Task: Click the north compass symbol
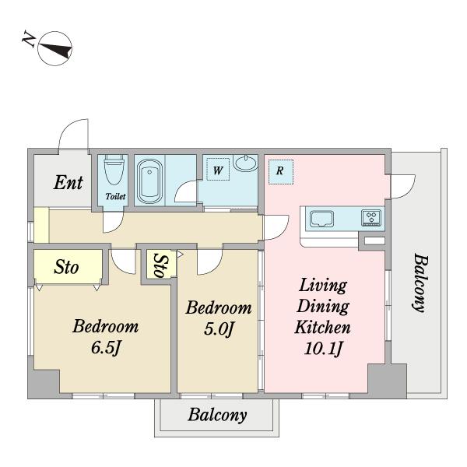click(55, 48)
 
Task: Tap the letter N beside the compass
click(29, 38)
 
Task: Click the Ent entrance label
click(68, 182)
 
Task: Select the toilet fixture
click(114, 170)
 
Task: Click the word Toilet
click(115, 197)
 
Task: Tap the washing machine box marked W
click(218, 169)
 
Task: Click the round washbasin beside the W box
click(245, 163)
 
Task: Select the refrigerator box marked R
click(280, 172)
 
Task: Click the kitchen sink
click(321, 219)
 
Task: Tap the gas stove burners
click(371, 218)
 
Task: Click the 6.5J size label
click(107, 347)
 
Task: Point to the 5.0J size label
click(218, 329)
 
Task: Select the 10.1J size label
click(323, 348)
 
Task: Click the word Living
click(323, 286)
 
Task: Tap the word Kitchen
click(322, 327)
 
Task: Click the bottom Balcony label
click(217, 415)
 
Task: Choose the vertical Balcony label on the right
click(420, 283)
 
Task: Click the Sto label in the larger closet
click(66, 267)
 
